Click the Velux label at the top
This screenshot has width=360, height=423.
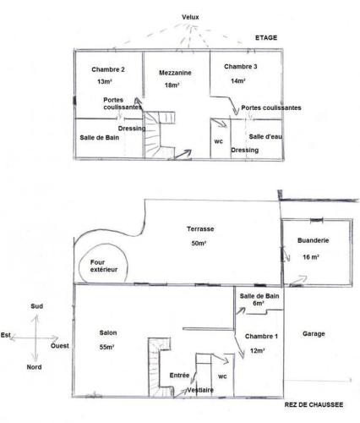point(190,17)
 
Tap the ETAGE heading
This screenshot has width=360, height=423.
point(266,37)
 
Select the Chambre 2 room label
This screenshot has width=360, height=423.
point(108,69)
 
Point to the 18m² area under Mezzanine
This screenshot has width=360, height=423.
point(172,85)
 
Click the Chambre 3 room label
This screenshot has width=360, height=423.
point(241,67)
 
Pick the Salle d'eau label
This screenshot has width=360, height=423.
point(265,136)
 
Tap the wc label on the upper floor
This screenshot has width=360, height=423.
point(219,141)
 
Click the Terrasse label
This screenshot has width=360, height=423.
point(200,228)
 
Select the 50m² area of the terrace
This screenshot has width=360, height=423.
point(199,243)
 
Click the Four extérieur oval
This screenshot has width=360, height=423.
point(79,265)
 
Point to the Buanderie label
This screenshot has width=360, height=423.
point(314,240)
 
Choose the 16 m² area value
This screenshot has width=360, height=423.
point(311,257)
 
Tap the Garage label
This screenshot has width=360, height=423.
point(314,333)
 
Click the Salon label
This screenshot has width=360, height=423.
point(108,332)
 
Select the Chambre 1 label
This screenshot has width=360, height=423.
point(261,336)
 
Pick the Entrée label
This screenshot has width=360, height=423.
point(179,376)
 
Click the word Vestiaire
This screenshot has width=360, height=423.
point(200,390)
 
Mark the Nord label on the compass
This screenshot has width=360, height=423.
point(34,367)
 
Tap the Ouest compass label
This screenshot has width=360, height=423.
point(60,346)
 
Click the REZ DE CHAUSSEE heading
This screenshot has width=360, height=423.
point(314,404)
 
